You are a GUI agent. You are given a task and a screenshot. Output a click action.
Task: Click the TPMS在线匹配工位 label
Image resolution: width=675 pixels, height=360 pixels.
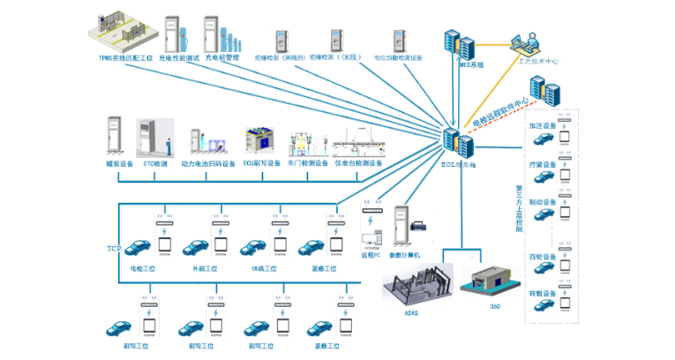coord(124,58)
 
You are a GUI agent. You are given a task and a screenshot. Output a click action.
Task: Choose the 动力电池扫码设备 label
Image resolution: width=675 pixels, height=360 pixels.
coord(208,163)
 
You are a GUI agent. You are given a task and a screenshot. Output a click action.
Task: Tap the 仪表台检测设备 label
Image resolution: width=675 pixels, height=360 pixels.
coord(357,163)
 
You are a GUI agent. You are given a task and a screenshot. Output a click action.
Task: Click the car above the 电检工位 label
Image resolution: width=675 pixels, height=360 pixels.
coord(141,248)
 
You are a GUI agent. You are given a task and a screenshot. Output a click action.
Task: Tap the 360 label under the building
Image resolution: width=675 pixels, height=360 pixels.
coord(496,308)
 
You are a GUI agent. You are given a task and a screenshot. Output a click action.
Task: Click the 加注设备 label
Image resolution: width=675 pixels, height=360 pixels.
coord(542,125)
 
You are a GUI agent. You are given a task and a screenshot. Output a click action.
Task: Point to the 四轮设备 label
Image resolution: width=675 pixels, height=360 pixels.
coord(542,258)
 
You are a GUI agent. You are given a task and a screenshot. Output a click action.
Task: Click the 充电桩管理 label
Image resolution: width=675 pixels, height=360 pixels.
coord(221,57)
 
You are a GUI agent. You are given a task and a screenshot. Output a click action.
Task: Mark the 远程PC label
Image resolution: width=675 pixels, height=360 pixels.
coord(371,255)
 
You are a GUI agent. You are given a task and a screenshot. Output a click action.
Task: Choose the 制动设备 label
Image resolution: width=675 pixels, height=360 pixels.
coord(542,203)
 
